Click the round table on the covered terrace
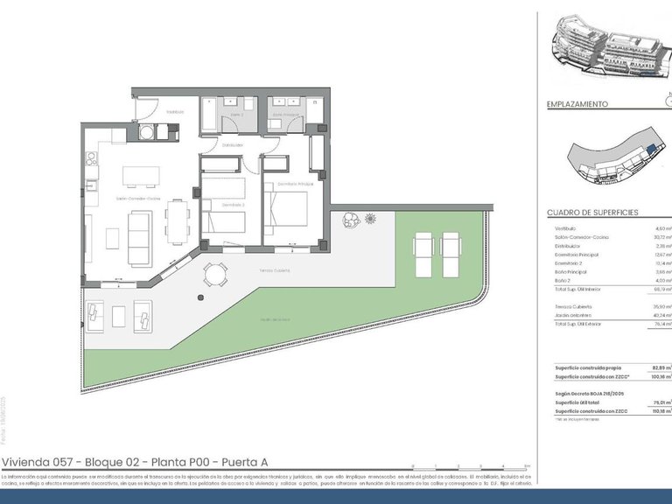[213, 276]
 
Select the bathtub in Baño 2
[213, 115]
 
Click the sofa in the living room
[138, 237]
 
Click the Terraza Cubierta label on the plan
[274, 271]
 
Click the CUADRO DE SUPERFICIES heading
[592, 213]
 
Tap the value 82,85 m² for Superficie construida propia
[661, 367]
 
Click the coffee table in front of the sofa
[113, 238]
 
